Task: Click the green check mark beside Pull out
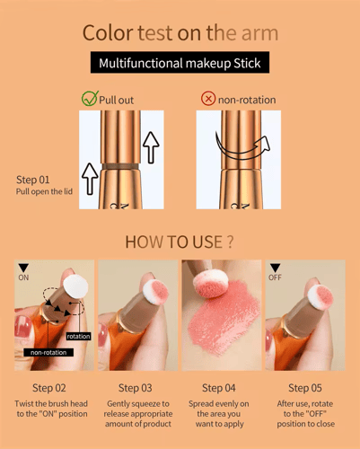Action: pos(90,99)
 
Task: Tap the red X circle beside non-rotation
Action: pos(208,99)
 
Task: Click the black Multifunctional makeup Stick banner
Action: pos(180,62)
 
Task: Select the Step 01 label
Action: pos(32,180)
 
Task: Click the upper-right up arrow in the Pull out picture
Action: pos(151,147)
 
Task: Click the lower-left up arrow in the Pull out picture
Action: pos(90,179)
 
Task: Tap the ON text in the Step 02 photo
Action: pos(23,277)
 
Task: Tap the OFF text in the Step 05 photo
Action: pos(275,277)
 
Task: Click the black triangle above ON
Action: pos(23,268)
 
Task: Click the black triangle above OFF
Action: pos(275,268)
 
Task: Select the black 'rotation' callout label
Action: pos(78,337)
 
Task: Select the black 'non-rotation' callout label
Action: pos(48,352)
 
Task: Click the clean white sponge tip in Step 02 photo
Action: pos(75,286)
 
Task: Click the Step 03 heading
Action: pos(136,388)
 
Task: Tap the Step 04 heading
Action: pos(219,388)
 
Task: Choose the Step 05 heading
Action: pos(305,388)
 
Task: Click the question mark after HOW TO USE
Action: pos(230,242)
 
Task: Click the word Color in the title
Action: pos(108,32)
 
